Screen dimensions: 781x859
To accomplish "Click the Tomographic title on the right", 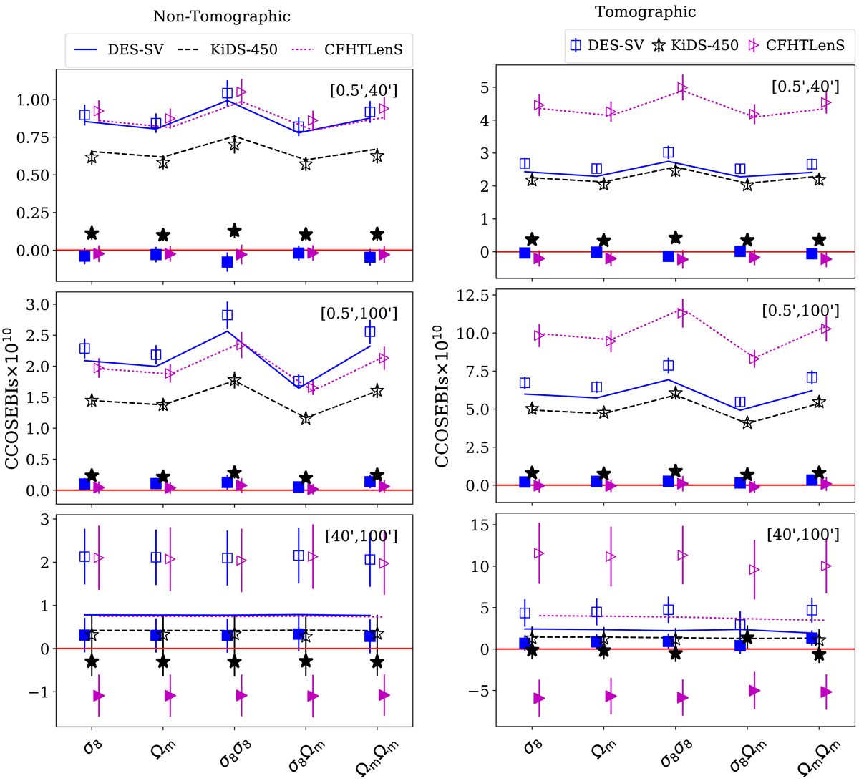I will click(x=645, y=11).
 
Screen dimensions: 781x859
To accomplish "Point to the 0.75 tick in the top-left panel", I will click(x=36, y=137).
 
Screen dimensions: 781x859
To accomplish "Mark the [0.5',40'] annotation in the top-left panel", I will click(x=364, y=91).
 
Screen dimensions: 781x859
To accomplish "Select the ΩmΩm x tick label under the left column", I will click(x=377, y=756).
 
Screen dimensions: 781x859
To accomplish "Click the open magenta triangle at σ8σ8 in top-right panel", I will click(x=682, y=88).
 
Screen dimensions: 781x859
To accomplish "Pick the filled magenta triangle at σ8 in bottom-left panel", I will click(x=99, y=696).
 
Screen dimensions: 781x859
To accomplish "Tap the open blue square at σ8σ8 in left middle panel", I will click(x=228, y=314).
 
